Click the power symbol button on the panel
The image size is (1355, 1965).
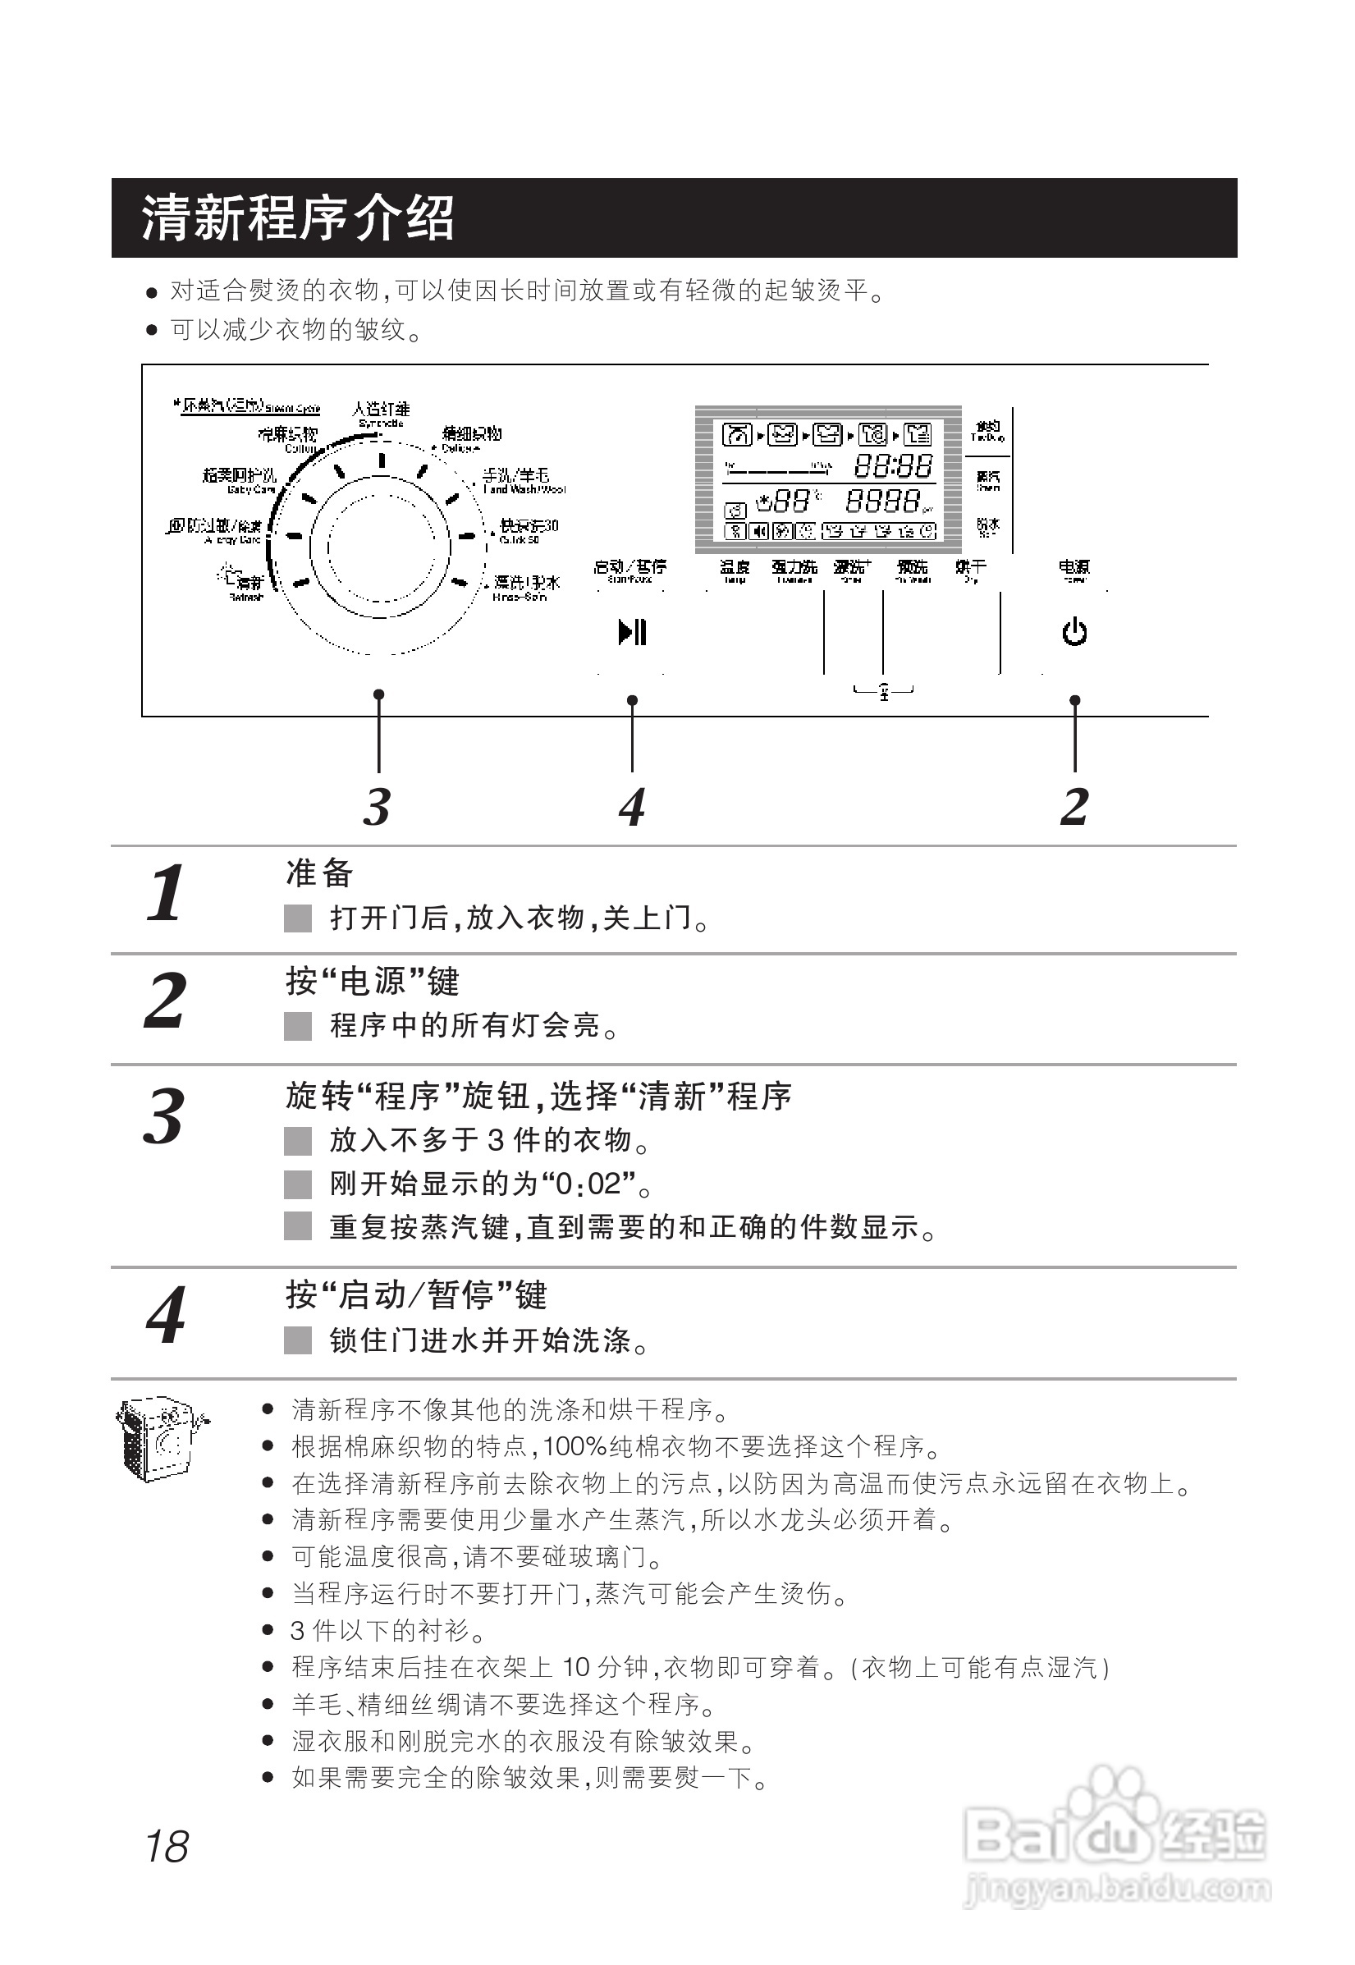pos(1074,633)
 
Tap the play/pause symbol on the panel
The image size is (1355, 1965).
pos(633,633)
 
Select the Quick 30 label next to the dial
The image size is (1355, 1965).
pos(528,530)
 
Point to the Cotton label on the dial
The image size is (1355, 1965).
pos(290,439)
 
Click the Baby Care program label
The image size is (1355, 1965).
pos(240,480)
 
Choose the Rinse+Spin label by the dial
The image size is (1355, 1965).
pos(526,587)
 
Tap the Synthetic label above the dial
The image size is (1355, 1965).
pos(381,414)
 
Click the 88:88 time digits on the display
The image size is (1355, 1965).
pos(892,466)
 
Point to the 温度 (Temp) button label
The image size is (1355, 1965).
pos(735,569)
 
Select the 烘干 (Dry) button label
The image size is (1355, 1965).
pos(970,569)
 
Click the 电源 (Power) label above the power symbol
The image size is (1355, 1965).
pos(1074,569)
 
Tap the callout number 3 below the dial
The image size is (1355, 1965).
pos(377,807)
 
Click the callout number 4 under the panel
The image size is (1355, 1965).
pos(632,807)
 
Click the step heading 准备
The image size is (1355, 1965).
pos(319,873)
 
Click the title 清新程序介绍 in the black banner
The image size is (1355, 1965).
pos(297,218)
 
